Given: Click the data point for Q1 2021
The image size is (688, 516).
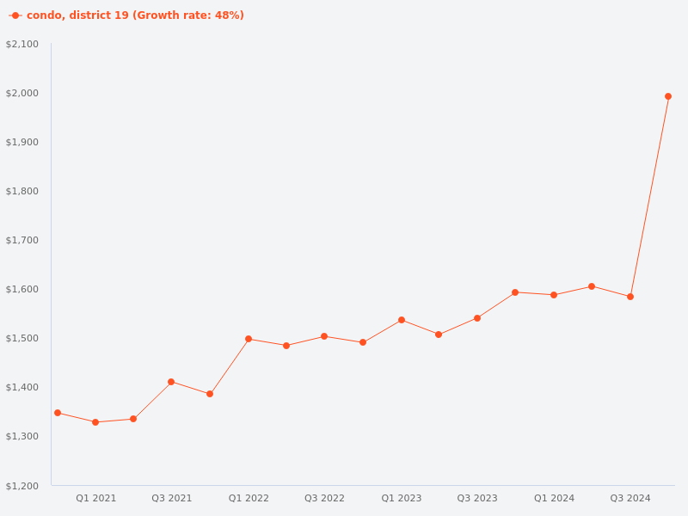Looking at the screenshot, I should point(95,422).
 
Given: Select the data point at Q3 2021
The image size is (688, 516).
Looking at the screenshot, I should point(171,382).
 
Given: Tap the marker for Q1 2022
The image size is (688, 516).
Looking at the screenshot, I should point(249,339).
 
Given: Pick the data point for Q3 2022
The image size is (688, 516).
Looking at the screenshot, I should point(324,336).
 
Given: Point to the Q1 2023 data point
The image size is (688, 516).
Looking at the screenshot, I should point(402,320).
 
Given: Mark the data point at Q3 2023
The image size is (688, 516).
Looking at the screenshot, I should point(477,318).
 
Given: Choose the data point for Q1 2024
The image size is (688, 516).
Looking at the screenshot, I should point(554,295).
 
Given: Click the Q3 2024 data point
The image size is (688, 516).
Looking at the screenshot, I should point(630,297).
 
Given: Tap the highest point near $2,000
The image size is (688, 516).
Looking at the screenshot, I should point(668,96).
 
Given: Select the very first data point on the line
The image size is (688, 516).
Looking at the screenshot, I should point(58,413).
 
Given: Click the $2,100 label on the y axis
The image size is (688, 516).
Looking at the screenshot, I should point(22,44).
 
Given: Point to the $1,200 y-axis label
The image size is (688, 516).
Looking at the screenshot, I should point(22,486).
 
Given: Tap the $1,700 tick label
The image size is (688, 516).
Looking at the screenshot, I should point(22,240).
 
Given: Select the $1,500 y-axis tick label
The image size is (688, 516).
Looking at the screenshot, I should point(22,338).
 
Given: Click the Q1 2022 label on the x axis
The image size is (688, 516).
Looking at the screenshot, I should point(249,498).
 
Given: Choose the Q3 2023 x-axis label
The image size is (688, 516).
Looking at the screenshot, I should point(477,498).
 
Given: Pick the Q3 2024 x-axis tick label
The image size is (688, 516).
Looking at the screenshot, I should point(630,498).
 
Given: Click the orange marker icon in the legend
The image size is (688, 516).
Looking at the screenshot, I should point(15,15).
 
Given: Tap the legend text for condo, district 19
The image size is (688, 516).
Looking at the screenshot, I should point(135,15).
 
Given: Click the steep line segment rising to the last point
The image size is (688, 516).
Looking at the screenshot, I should point(649,196).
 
